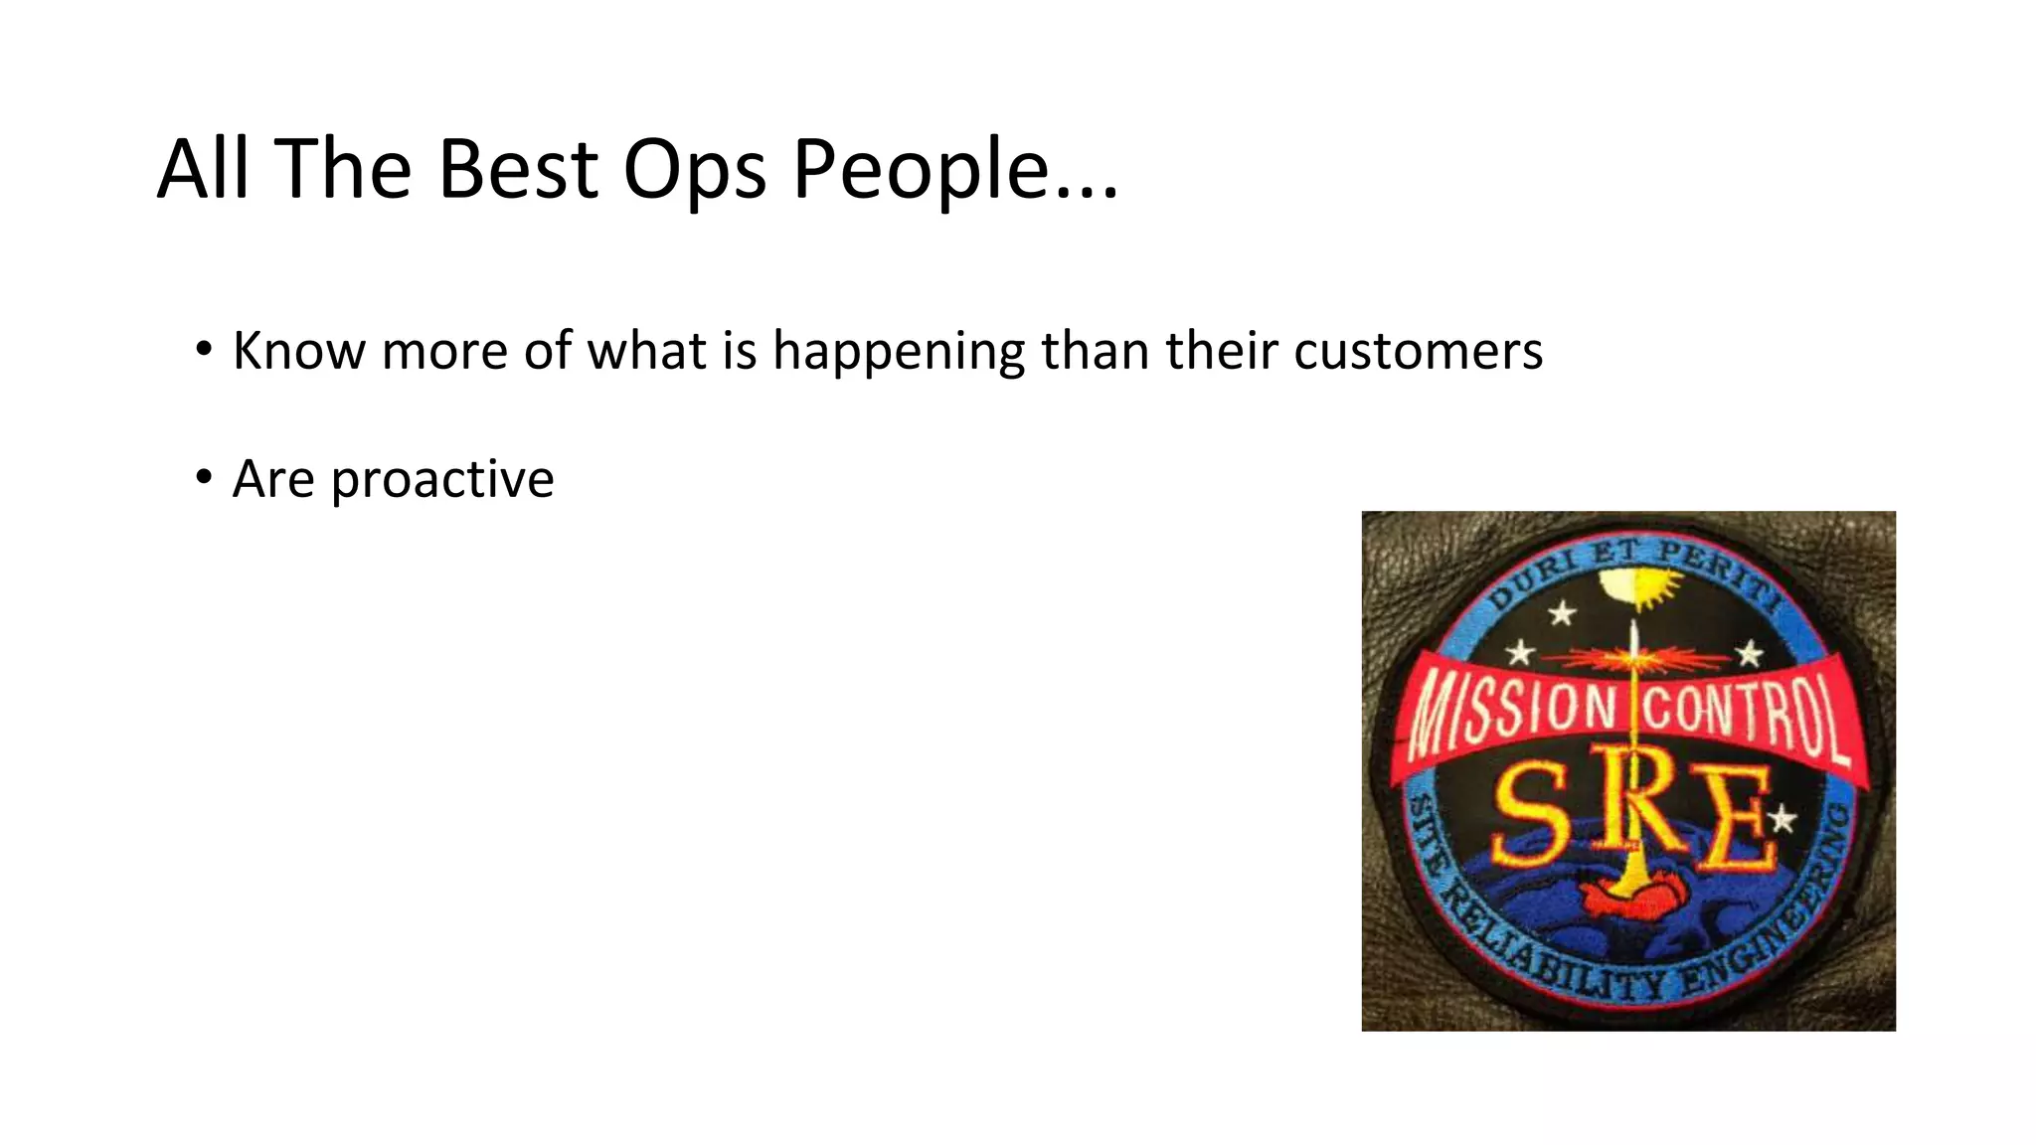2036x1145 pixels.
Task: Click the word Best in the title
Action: [517, 169]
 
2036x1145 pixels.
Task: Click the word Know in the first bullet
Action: [298, 351]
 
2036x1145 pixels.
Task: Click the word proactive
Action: [441, 480]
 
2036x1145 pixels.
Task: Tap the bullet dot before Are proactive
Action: [204, 478]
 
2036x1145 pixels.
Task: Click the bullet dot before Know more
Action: [204, 350]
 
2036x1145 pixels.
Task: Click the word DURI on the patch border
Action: [1536, 580]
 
